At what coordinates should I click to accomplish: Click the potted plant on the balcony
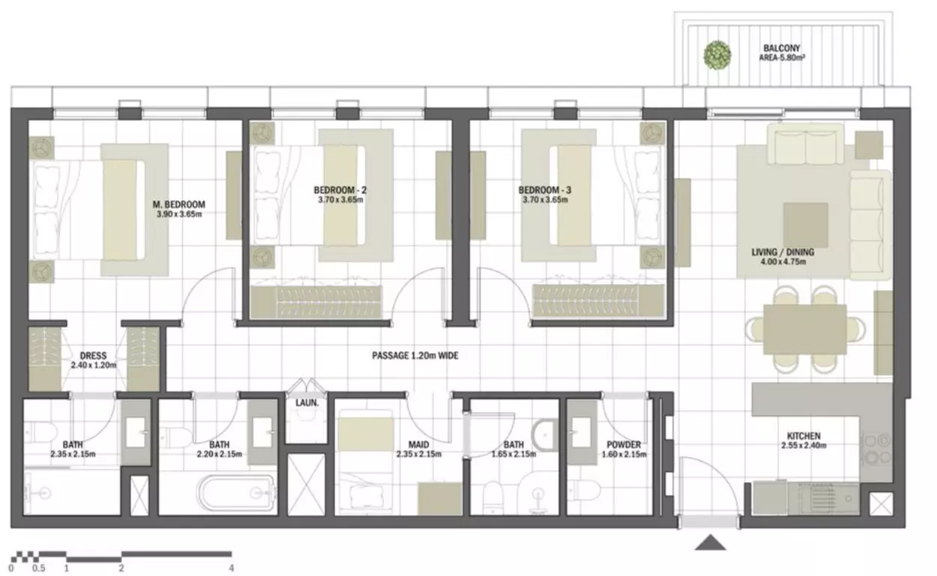717,55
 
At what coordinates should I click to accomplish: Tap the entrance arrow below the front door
711,542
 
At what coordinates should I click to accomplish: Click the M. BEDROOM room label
178,205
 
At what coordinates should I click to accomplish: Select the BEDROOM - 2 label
340,190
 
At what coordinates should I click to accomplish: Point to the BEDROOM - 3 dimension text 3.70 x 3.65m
545,199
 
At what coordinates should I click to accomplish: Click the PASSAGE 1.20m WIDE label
415,355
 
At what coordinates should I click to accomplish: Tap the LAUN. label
307,403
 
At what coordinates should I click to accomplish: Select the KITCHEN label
804,436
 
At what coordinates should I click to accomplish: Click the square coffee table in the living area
806,225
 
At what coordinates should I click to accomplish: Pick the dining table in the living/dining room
805,329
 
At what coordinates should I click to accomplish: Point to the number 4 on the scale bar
232,568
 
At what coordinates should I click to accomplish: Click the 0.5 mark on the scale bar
38,568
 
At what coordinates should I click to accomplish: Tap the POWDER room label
624,445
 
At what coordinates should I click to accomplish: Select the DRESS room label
93,355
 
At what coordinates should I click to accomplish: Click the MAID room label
419,445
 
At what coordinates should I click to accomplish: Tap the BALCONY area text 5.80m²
782,58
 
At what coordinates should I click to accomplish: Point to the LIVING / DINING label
783,252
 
